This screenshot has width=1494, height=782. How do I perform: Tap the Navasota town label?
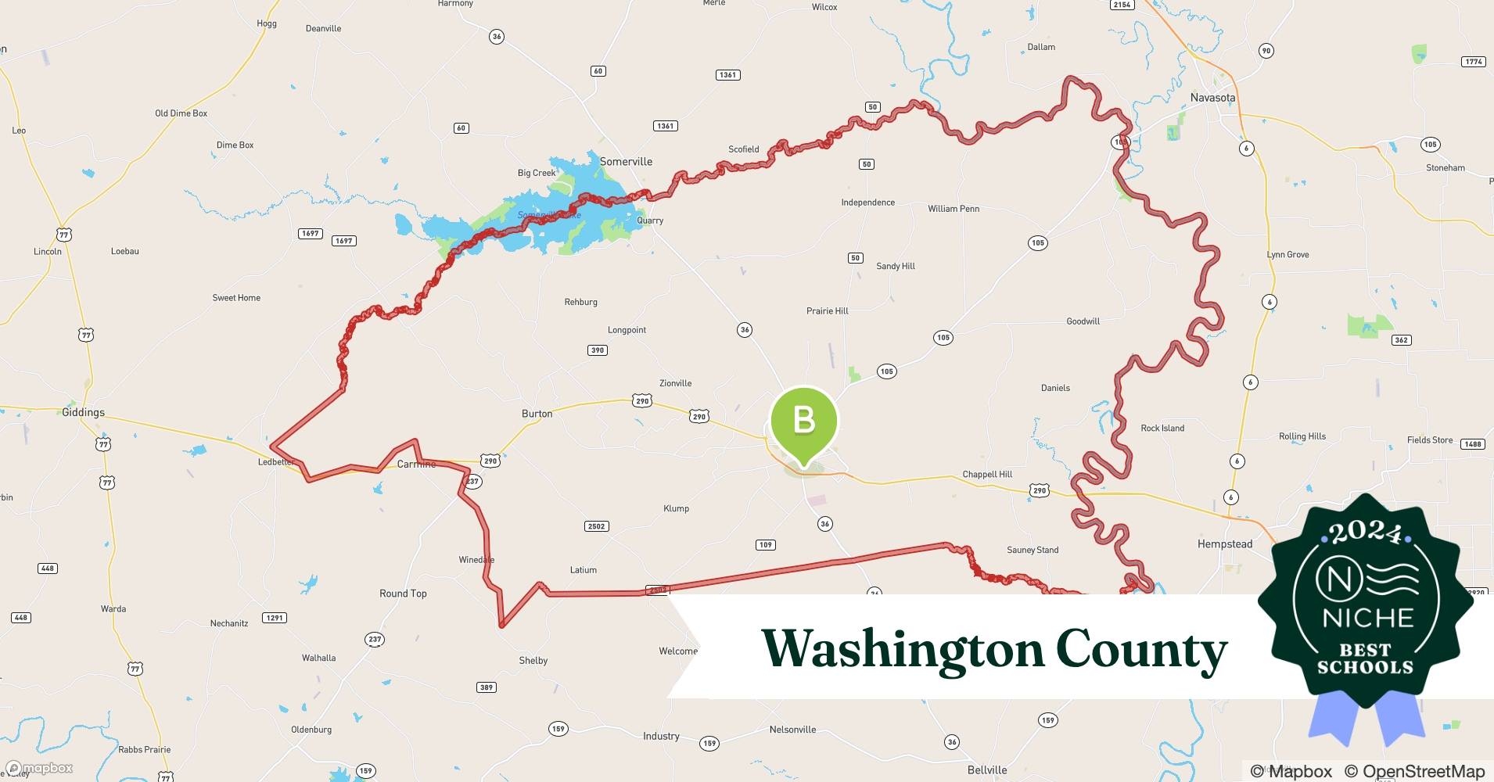1212,98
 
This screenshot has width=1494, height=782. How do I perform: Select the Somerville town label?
626,162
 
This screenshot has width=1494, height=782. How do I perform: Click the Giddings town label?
83,412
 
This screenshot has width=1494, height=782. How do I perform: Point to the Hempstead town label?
1225,543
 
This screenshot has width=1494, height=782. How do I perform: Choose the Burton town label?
537,414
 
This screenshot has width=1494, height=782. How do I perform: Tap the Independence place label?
867,203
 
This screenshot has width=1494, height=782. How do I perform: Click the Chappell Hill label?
987,474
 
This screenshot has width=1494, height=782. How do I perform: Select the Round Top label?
403,594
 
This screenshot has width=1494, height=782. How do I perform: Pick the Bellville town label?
987,769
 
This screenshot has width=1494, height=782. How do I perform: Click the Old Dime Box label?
181,113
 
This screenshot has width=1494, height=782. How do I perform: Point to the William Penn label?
954,209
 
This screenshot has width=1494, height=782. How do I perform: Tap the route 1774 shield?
1474,62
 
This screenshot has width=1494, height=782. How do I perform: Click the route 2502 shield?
596,526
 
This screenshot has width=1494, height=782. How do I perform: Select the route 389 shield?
487,687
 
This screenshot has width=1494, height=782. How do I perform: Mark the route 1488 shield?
1473,444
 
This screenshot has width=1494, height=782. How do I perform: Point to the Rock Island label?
1162,429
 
